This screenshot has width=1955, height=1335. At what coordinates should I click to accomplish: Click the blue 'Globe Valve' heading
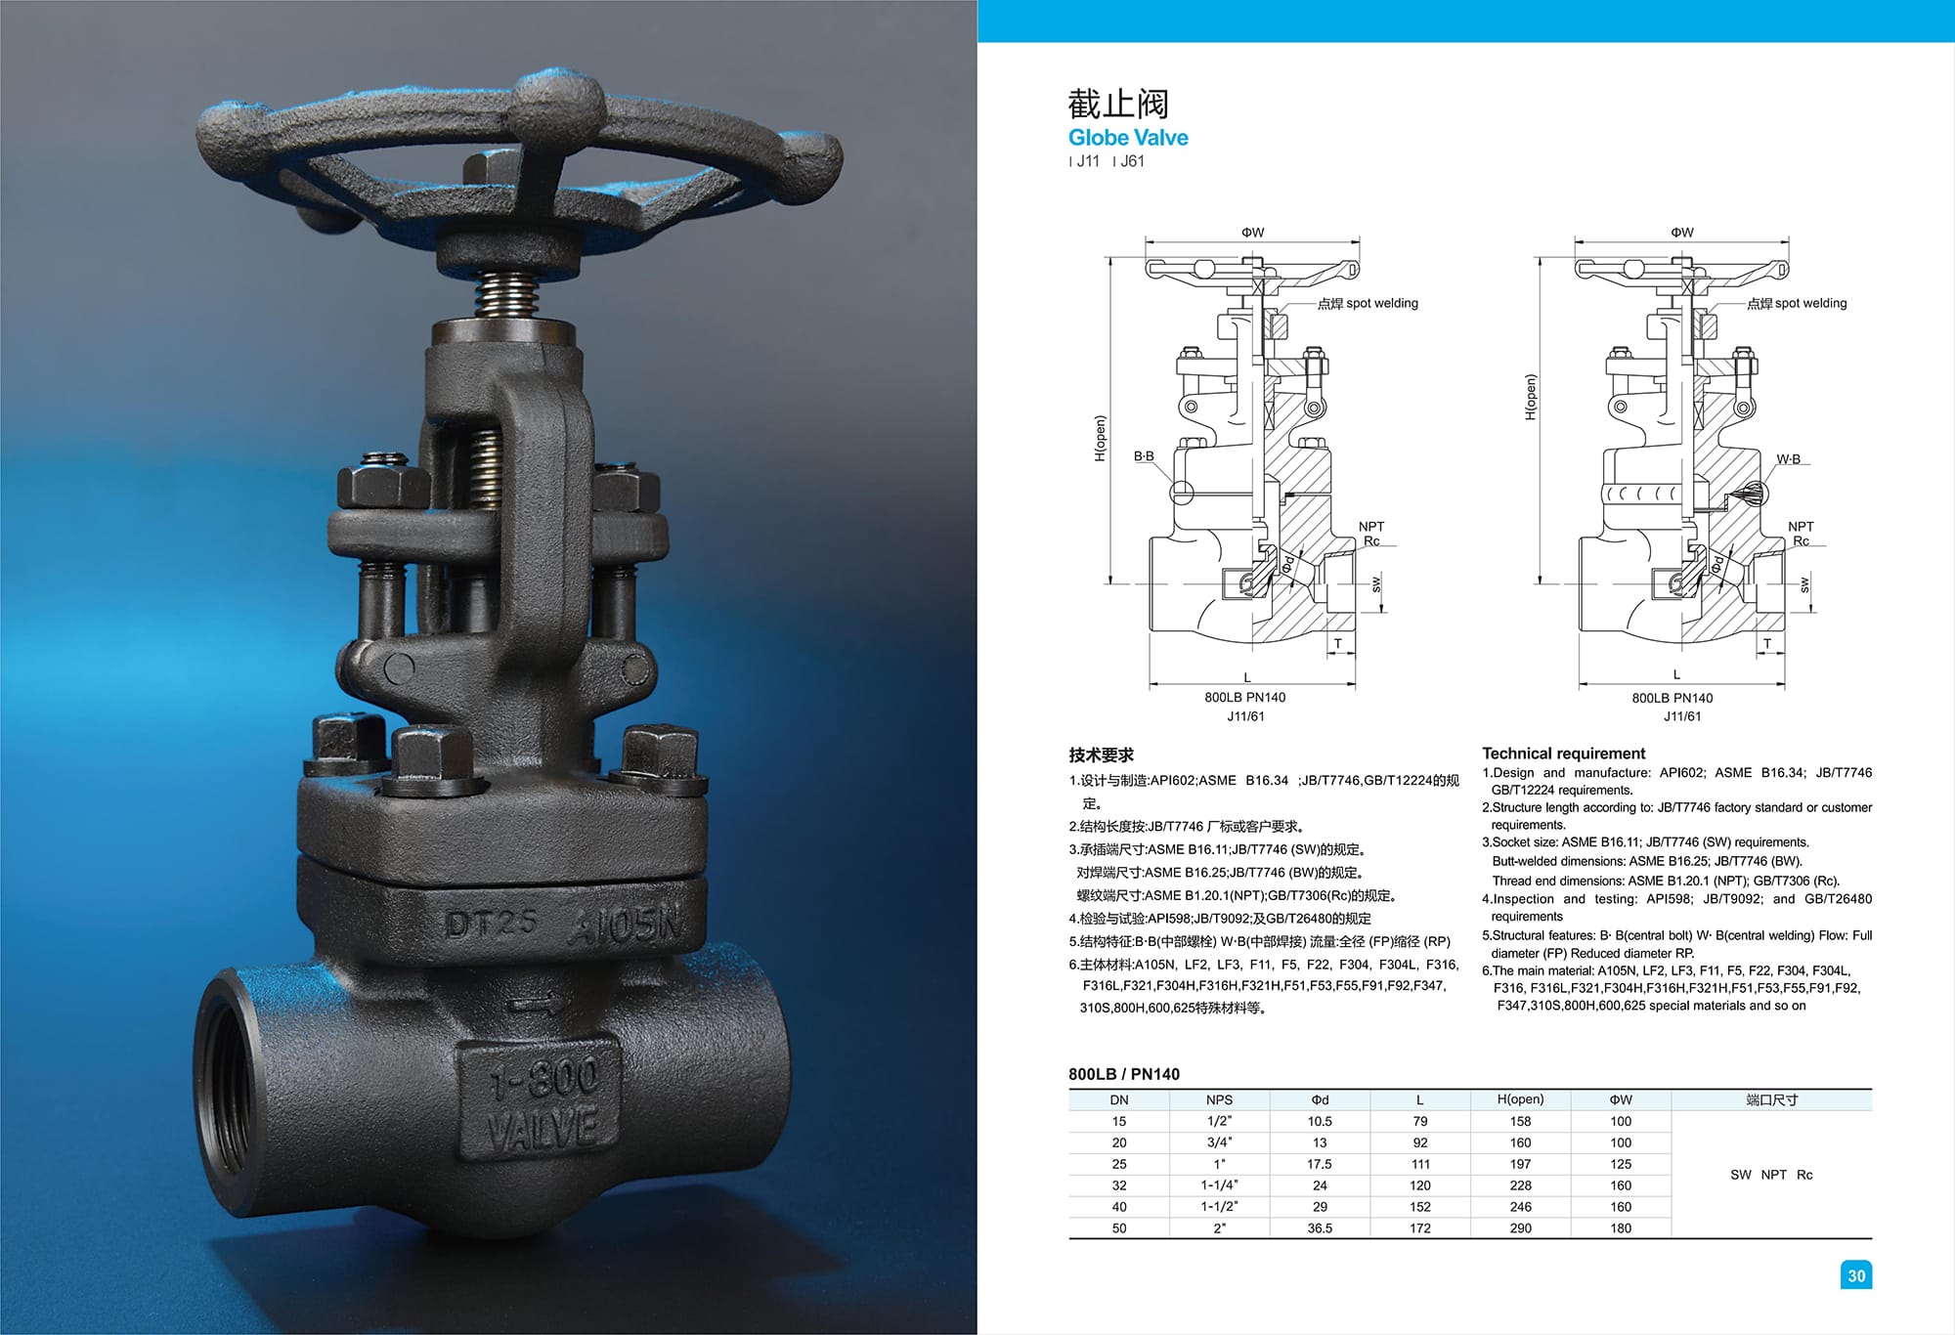click(x=1128, y=138)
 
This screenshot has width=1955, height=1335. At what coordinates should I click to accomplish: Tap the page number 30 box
click(x=1855, y=1274)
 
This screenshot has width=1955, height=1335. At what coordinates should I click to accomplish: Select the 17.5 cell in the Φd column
click(x=1319, y=1164)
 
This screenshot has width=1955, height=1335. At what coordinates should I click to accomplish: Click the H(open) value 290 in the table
click(x=1520, y=1228)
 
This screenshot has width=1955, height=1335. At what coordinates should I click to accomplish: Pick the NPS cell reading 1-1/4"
click(x=1219, y=1185)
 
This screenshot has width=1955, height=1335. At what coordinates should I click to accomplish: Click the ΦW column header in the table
click(x=1621, y=1099)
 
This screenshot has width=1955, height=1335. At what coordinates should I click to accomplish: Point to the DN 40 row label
click(x=1119, y=1207)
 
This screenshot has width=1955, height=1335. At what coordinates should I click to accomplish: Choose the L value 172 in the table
click(x=1419, y=1228)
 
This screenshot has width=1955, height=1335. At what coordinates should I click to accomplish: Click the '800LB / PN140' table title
click(x=1123, y=1074)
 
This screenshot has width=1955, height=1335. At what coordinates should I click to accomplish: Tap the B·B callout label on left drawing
click(x=1144, y=456)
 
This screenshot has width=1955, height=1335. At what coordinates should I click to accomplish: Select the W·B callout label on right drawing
click(x=1788, y=459)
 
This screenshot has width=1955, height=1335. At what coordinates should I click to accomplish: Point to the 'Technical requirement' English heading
click(x=1563, y=754)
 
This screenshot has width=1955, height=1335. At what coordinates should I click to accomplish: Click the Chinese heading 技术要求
click(x=1101, y=754)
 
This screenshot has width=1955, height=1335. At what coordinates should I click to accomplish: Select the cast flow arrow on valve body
click(x=537, y=1002)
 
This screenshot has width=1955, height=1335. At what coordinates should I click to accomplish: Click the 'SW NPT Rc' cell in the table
click(x=1770, y=1175)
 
